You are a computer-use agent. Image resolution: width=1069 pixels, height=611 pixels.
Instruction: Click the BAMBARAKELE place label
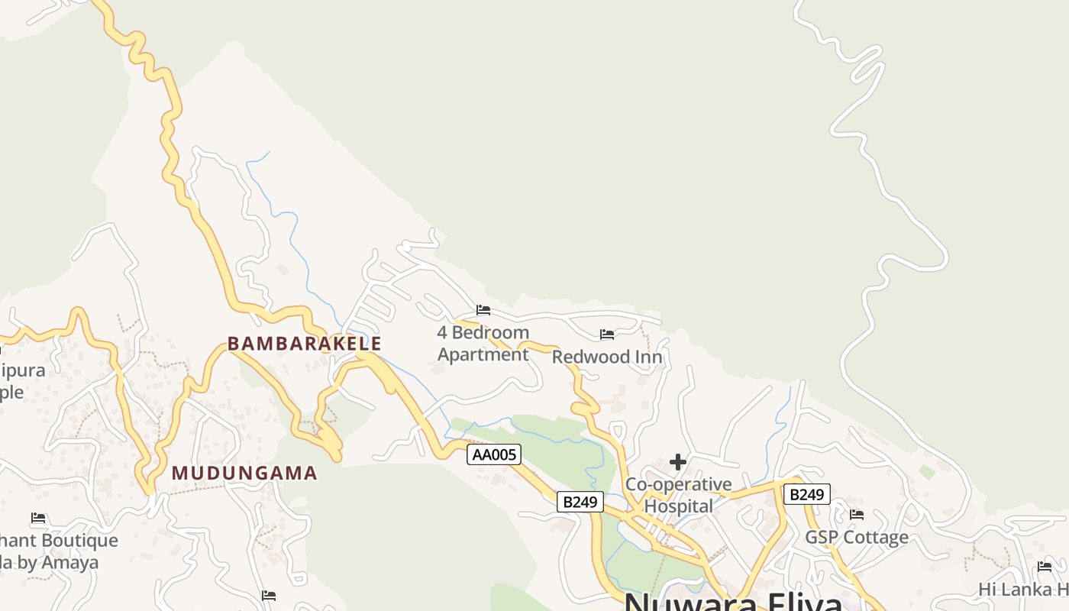(304, 344)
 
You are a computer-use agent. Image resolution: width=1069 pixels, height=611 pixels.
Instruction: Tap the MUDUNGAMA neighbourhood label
(244, 474)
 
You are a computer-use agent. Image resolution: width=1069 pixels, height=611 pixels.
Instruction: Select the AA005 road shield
(494, 455)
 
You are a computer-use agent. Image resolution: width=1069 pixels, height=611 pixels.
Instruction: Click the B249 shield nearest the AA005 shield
(580, 502)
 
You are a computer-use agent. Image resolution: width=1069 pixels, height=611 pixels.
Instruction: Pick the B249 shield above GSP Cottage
(806, 494)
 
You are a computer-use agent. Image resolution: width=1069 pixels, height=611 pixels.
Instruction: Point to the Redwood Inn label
(607, 357)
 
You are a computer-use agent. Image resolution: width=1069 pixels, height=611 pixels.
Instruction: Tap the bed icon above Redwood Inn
(607, 335)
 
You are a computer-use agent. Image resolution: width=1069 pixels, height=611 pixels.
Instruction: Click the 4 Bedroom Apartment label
(483, 343)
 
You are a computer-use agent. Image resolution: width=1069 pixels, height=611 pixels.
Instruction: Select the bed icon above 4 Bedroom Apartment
(483, 310)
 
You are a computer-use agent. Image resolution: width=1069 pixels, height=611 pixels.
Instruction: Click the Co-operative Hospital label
(678, 495)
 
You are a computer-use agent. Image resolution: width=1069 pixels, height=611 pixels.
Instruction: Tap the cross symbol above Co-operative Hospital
(677, 462)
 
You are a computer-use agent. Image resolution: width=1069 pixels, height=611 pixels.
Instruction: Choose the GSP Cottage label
(857, 538)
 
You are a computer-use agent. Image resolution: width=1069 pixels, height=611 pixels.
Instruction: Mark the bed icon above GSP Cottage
(857, 515)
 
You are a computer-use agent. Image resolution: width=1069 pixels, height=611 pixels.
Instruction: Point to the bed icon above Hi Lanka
(1045, 567)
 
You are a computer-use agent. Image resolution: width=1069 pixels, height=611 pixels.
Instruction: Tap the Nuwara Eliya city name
(733, 602)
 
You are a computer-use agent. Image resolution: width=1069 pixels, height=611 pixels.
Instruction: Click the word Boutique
(80, 541)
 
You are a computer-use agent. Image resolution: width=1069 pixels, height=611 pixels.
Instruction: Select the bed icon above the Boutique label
(38, 519)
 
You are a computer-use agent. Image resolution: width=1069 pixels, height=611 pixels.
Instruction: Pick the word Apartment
(483, 354)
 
